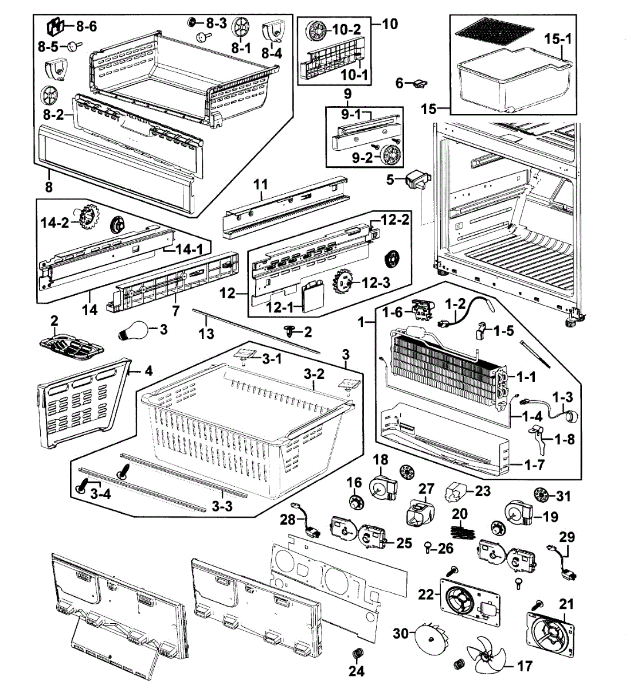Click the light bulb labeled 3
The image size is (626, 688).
click(133, 330)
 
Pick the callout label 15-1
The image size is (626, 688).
click(558, 39)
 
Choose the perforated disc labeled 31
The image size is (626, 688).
click(542, 495)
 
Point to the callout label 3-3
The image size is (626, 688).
click(222, 506)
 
